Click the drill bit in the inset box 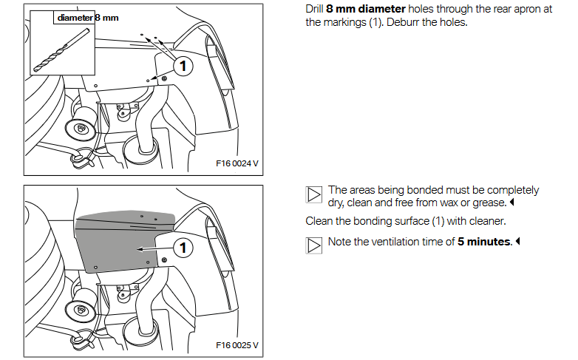(x=61, y=50)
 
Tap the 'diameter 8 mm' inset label (x=88, y=18)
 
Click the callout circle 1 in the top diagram (x=183, y=67)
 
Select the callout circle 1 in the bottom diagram (x=183, y=248)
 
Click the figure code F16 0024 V (x=237, y=163)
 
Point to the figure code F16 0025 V (x=237, y=345)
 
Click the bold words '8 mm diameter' (x=366, y=9)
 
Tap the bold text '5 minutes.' (x=485, y=242)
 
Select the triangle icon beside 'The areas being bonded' (x=313, y=194)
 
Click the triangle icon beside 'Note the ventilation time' (x=313, y=245)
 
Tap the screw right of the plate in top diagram (x=164, y=78)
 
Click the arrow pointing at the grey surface (x=154, y=249)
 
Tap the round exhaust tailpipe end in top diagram (x=81, y=129)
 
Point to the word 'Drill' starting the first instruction (x=314, y=9)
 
